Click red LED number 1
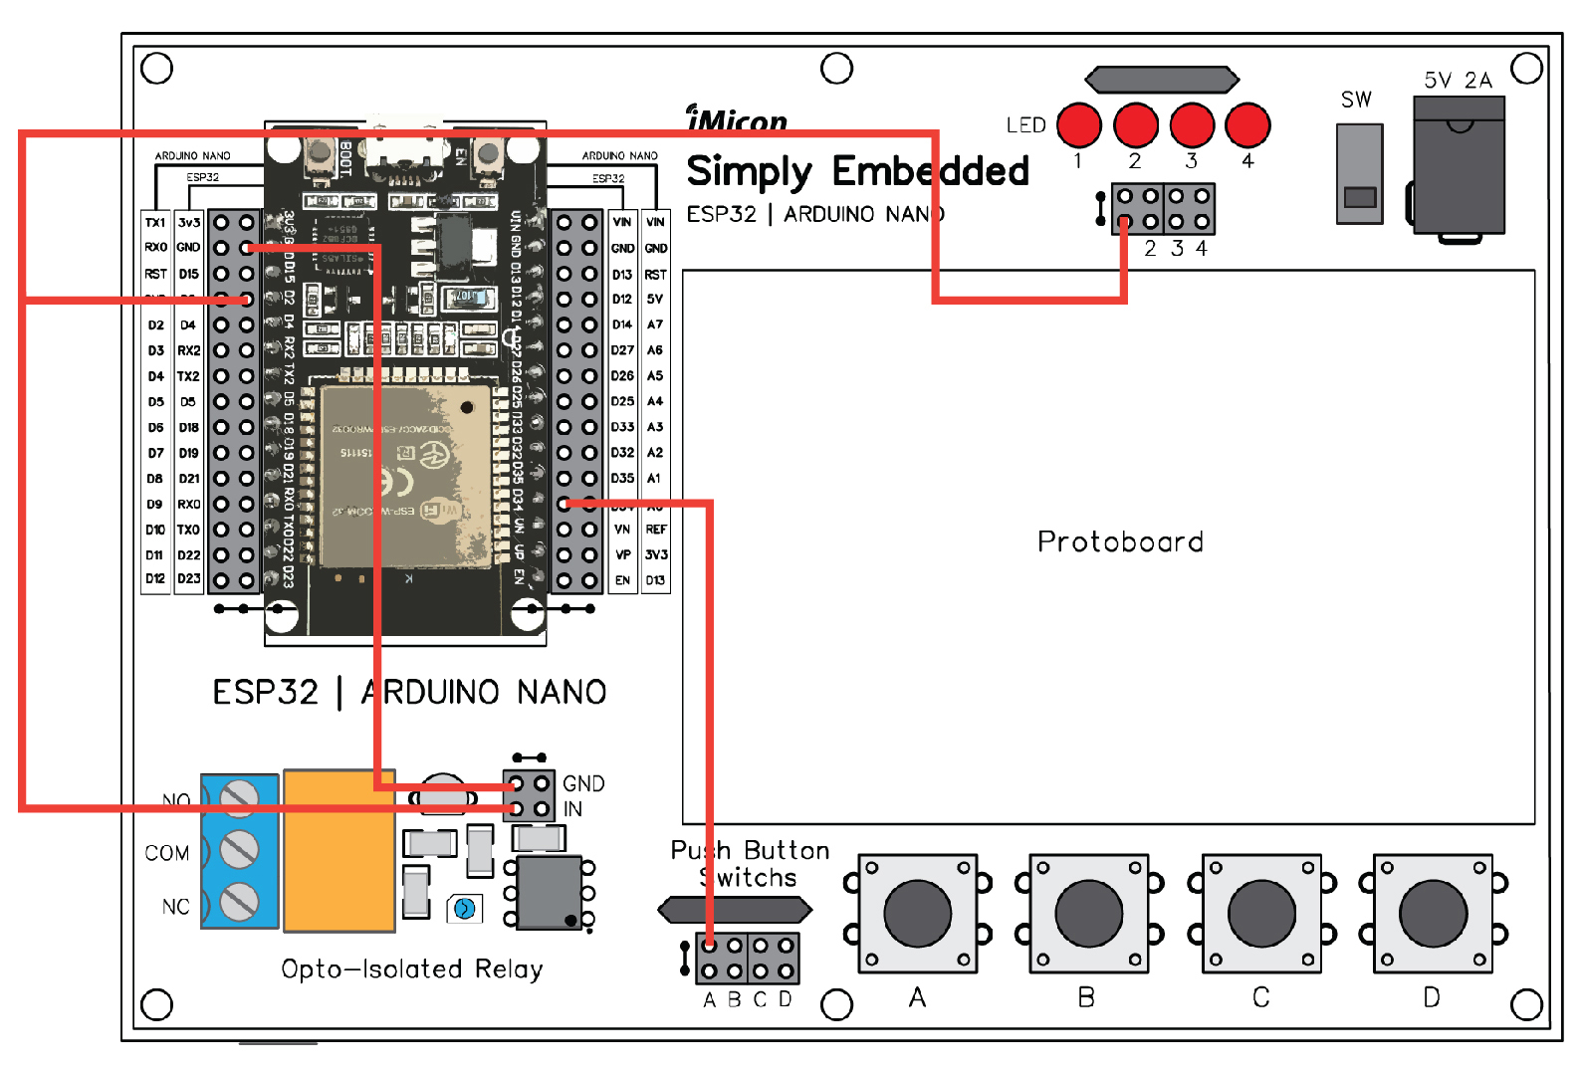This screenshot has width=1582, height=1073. (x=1078, y=125)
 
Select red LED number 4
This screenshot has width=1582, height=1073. (x=1247, y=125)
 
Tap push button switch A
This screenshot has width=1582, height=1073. (x=917, y=913)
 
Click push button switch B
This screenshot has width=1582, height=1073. (x=1088, y=913)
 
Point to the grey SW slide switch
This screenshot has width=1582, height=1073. (x=1359, y=174)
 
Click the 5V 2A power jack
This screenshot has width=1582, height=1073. (x=1459, y=165)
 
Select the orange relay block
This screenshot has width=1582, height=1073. (x=339, y=850)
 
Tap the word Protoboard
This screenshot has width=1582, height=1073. (x=1120, y=541)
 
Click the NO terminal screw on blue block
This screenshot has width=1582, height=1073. (x=239, y=798)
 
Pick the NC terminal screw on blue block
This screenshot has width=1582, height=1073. (x=239, y=901)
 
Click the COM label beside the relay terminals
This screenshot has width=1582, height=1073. (x=166, y=853)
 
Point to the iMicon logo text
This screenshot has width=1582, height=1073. (x=737, y=120)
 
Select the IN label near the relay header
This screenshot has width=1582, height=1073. (x=572, y=809)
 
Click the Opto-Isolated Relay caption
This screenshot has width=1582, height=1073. (x=411, y=968)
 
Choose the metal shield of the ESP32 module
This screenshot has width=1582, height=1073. (x=408, y=473)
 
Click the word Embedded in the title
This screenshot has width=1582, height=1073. (x=930, y=171)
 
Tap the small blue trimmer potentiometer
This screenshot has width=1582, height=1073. (x=464, y=908)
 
